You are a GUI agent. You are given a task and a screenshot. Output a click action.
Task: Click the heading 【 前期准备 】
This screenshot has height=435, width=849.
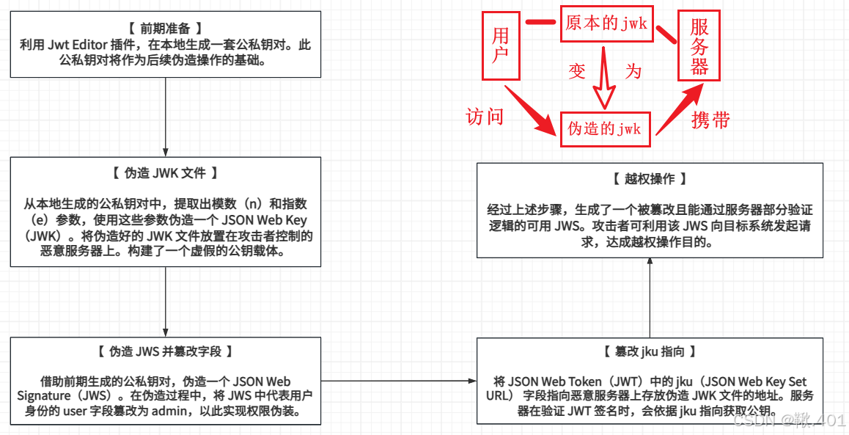click(x=165, y=29)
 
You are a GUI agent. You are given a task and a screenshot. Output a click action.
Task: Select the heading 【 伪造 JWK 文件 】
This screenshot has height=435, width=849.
click(x=165, y=173)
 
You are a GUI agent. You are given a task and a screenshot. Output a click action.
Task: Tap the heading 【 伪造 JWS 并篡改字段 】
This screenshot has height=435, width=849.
click(x=165, y=351)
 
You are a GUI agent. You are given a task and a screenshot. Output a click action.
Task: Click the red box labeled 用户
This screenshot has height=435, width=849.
click(x=501, y=45)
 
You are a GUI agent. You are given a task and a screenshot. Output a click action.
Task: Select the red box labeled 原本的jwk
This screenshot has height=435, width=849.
click(x=606, y=24)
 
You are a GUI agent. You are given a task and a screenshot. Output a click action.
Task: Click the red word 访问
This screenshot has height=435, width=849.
click(x=485, y=116)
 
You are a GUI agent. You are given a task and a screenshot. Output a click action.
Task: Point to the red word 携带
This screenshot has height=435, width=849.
click(x=710, y=120)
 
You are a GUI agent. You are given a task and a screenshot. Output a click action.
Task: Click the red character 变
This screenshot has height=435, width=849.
click(x=577, y=71)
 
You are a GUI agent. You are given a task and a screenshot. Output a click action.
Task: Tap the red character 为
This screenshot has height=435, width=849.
click(x=633, y=71)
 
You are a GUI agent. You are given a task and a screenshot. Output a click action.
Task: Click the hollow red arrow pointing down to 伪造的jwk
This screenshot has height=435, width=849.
click(x=604, y=81)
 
